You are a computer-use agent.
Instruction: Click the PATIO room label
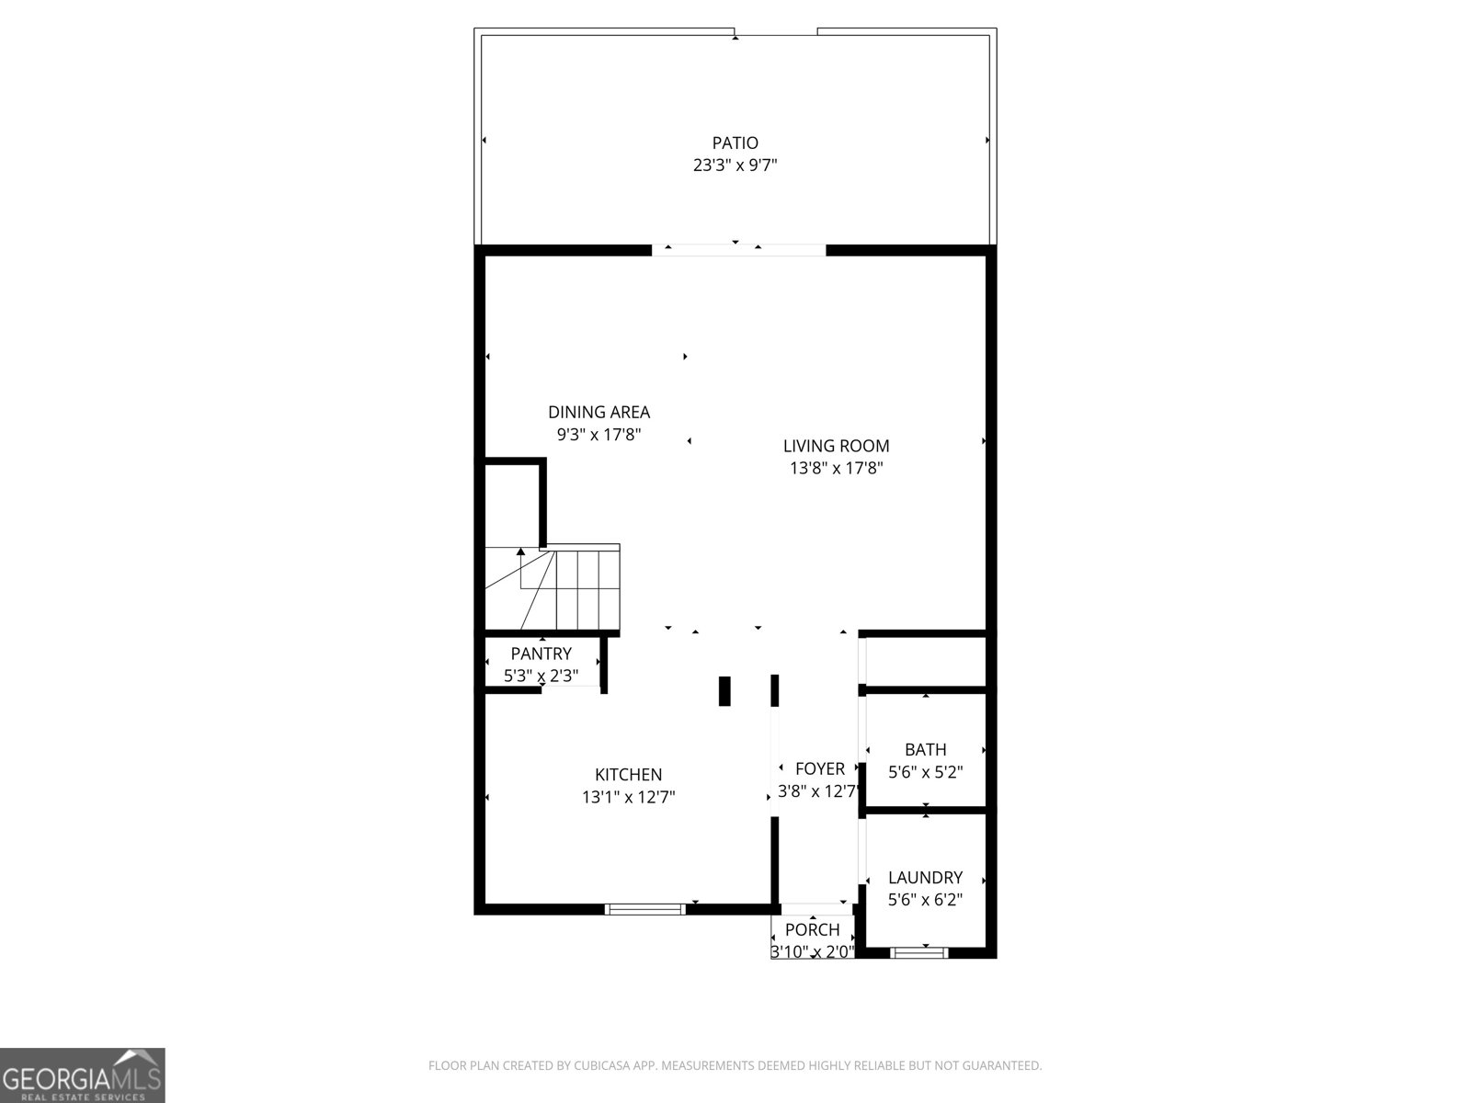(x=735, y=142)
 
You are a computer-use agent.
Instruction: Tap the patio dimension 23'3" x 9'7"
(x=735, y=165)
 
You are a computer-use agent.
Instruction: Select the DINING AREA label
(x=599, y=412)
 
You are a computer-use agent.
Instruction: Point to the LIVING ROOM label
(x=836, y=446)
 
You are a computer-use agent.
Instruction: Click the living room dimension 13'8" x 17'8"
(x=836, y=468)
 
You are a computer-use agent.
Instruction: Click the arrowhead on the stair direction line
(x=521, y=552)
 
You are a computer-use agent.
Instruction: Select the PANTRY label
(x=541, y=654)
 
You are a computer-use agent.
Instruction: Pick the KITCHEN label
(x=628, y=775)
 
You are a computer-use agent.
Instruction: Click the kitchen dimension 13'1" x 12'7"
(x=628, y=797)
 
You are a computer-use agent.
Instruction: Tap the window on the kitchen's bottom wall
(x=645, y=909)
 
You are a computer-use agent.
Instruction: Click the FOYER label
(x=819, y=768)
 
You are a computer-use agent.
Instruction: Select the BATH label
(x=925, y=749)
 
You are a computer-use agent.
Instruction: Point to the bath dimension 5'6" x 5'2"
(x=925, y=772)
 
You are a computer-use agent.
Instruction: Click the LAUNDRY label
(x=925, y=877)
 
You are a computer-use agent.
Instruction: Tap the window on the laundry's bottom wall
(x=919, y=952)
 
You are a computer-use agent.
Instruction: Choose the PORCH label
(x=812, y=929)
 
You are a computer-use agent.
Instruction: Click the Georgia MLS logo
(x=82, y=1075)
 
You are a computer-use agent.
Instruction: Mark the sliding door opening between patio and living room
(x=738, y=249)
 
